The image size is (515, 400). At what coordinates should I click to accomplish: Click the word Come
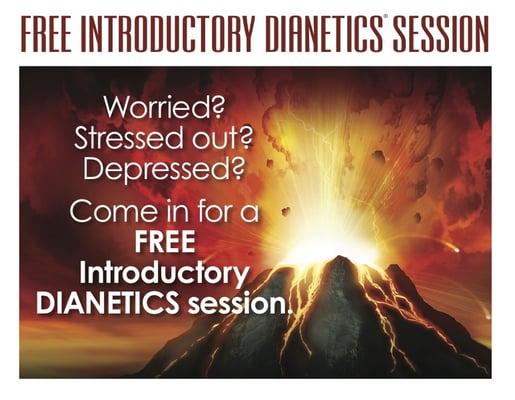[x=107, y=212]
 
